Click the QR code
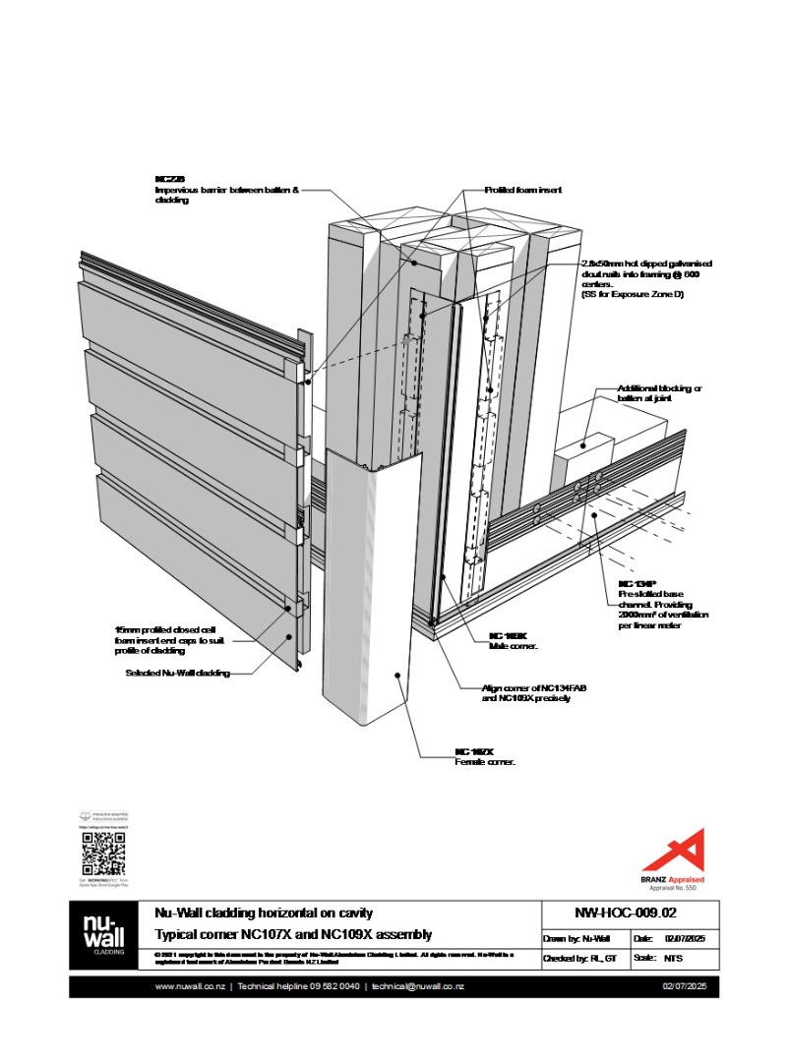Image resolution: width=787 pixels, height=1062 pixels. [x=103, y=854]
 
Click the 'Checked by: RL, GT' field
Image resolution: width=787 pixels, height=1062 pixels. [x=580, y=957]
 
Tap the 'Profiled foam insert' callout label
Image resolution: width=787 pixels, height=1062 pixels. [x=523, y=190]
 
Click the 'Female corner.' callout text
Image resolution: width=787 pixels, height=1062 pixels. [x=485, y=762]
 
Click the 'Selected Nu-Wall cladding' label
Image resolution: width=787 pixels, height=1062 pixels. [x=178, y=674]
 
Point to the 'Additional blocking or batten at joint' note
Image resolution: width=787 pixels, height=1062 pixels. [x=660, y=393]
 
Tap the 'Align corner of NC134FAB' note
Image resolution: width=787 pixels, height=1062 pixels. [x=525, y=693]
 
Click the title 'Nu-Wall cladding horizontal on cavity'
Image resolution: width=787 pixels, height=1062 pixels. [x=264, y=914]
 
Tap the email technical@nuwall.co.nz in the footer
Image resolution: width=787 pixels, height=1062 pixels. [x=414, y=986]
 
